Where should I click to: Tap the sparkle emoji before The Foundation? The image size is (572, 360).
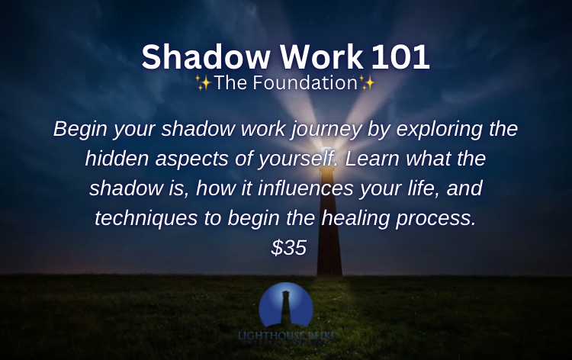tap(204, 84)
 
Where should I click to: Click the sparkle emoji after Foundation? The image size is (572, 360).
tap(367, 84)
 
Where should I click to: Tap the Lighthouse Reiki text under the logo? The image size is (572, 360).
tap(286, 336)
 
